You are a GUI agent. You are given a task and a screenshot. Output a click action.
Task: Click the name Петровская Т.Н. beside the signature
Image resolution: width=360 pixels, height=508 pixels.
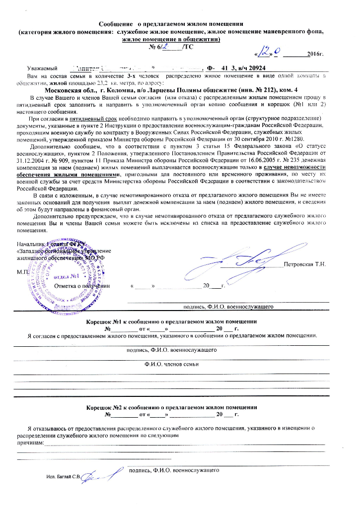click(304, 264)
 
